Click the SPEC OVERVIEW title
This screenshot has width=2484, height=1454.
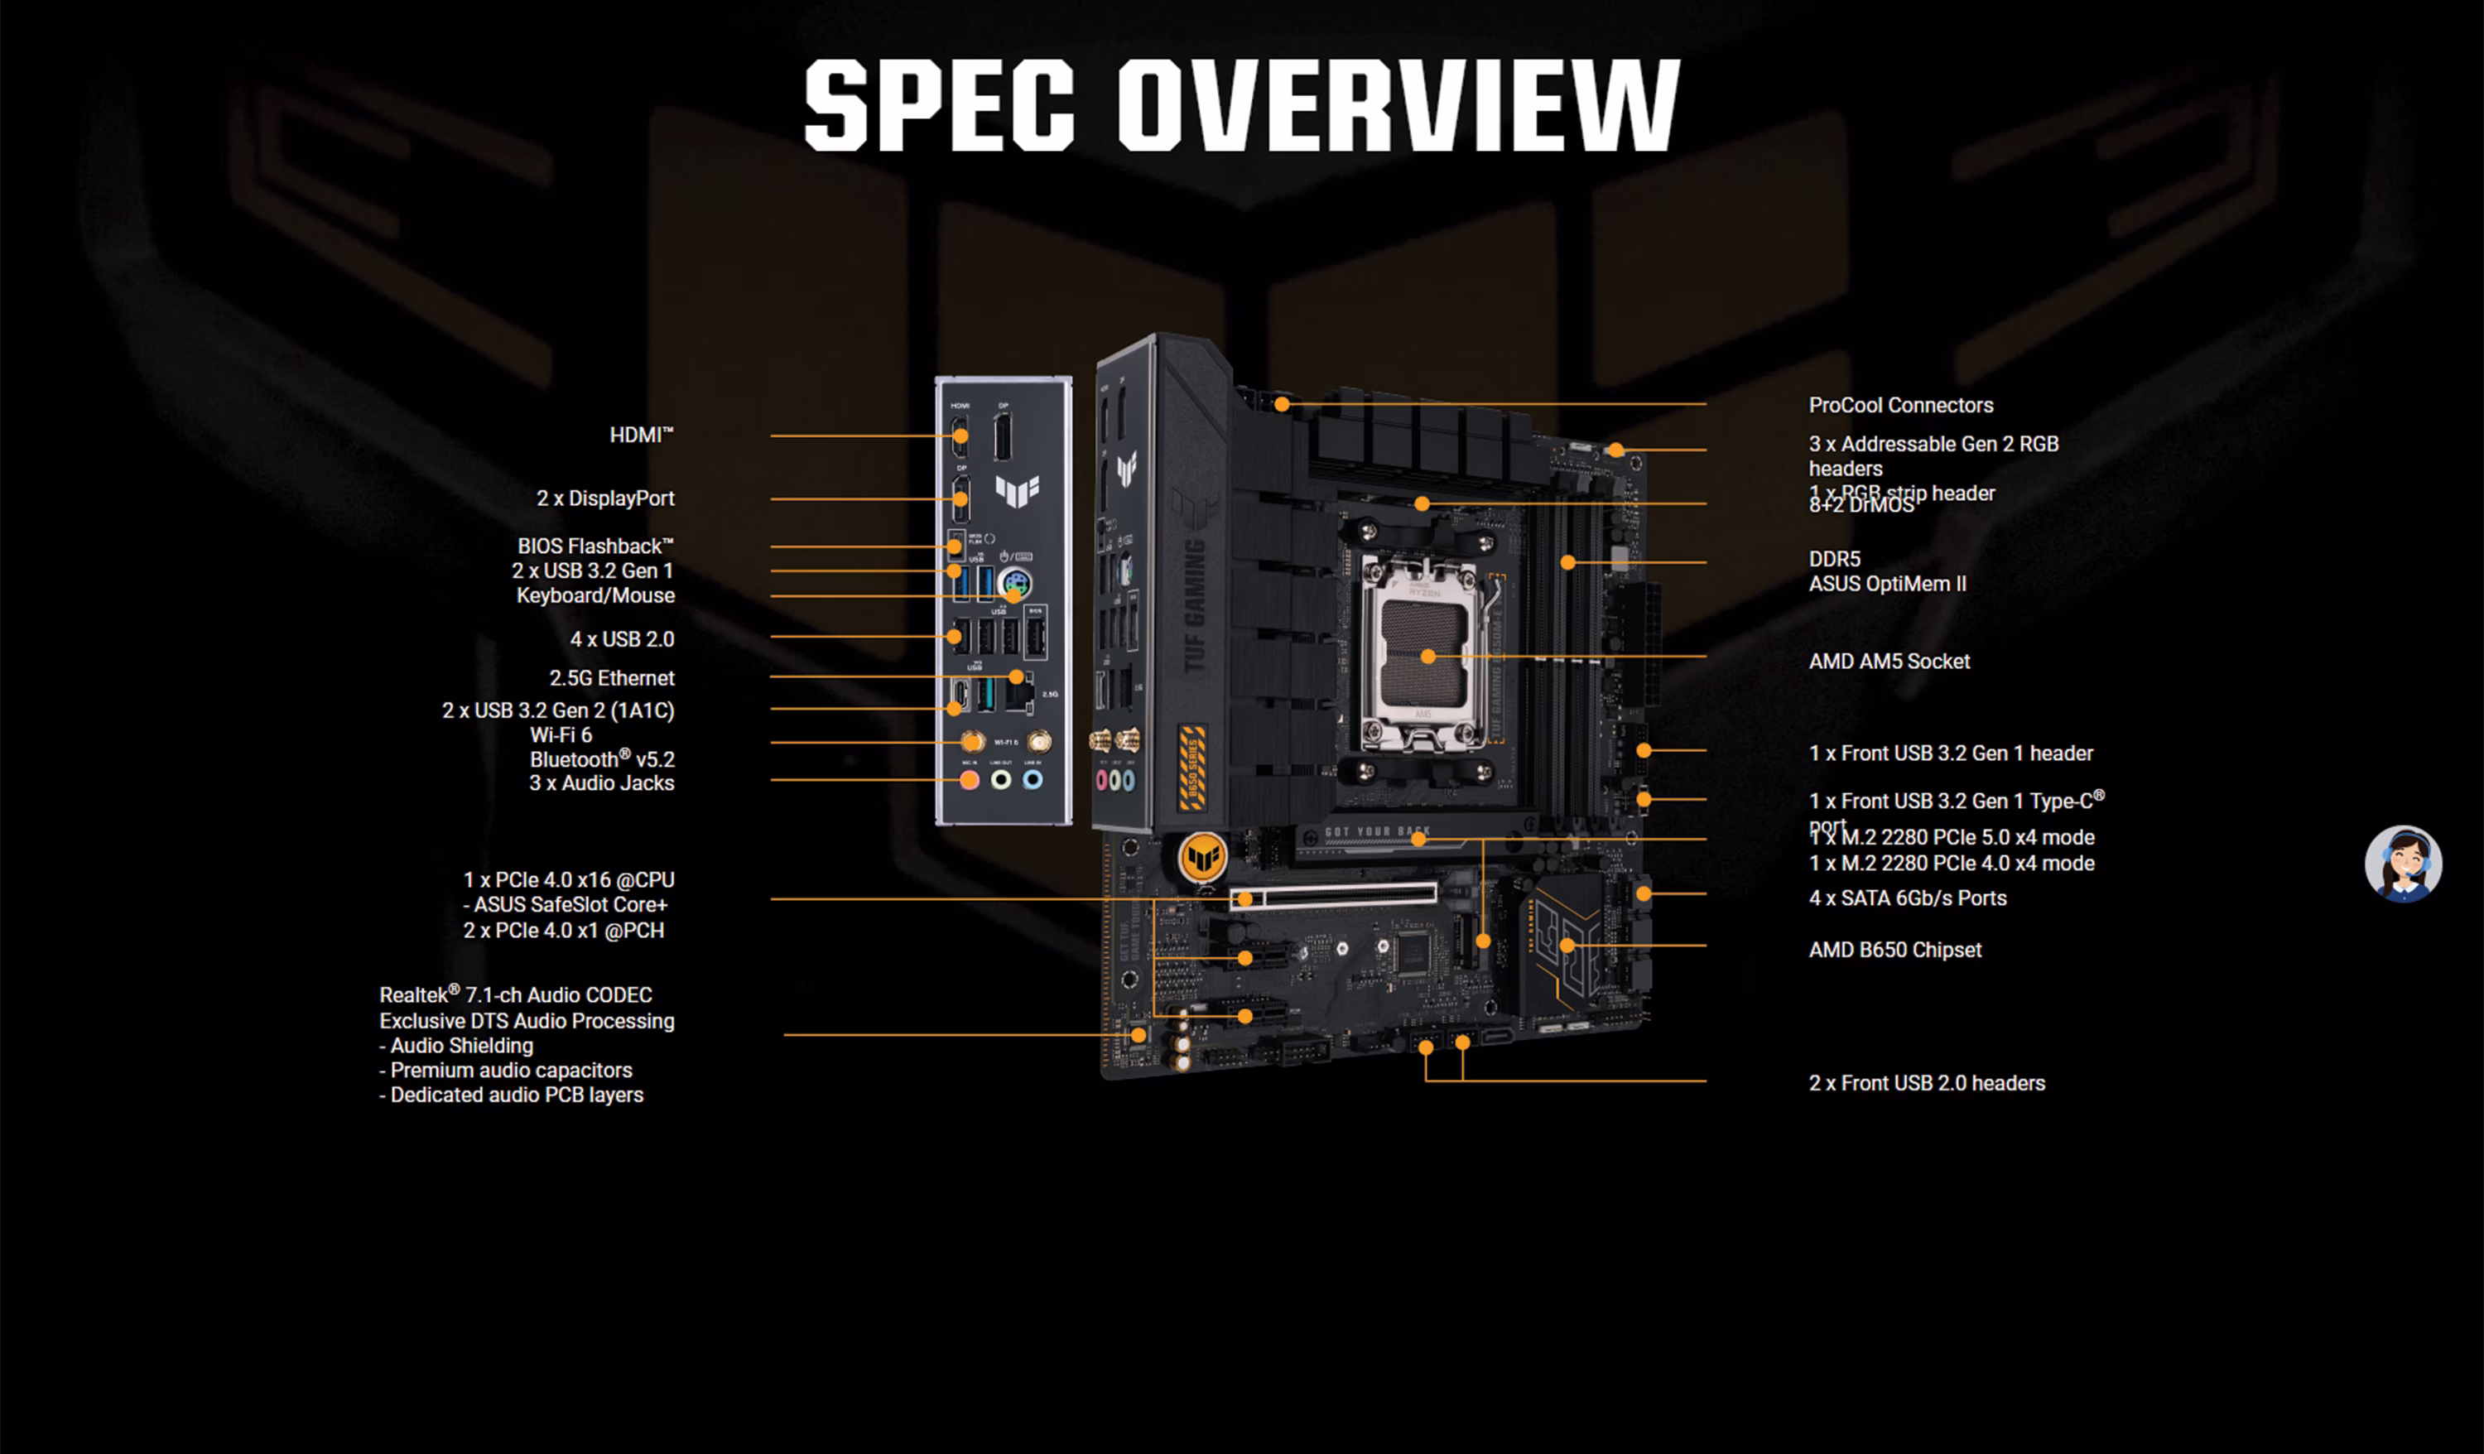[x=1242, y=104]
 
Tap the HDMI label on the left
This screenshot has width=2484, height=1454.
[x=641, y=435]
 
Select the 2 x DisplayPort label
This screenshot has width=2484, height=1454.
[x=605, y=498]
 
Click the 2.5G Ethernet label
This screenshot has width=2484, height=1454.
[x=611, y=678]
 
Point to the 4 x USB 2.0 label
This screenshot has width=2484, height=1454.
[x=622, y=638]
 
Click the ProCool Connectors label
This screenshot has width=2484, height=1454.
[x=1900, y=405]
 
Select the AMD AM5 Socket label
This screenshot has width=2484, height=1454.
[x=1889, y=662]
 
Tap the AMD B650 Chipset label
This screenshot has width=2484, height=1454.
[x=1894, y=951]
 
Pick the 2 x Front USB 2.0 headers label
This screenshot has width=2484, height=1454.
[x=1926, y=1083]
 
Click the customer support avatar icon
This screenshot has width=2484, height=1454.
[x=2403, y=864]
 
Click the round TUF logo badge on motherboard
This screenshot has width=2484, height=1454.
[x=1202, y=858]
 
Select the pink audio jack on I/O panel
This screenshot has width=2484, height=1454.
[x=969, y=780]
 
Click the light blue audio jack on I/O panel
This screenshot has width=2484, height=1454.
[x=1032, y=780]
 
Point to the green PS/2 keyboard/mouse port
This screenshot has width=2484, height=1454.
[x=1014, y=583]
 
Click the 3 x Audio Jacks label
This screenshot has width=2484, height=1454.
[x=601, y=783]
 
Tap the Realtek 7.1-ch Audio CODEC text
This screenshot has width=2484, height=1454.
[x=516, y=995]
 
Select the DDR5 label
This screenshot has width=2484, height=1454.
[x=1834, y=559]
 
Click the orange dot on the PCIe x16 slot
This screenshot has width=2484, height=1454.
[x=1245, y=899]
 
